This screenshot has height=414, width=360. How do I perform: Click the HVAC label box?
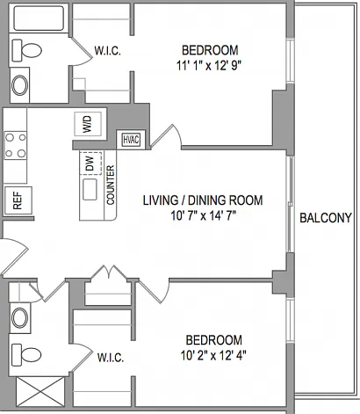(131, 140)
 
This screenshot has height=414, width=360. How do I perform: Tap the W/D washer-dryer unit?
(88, 124)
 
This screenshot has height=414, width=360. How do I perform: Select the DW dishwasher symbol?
(90, 163)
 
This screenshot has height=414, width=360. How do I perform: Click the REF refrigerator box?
(18, 200)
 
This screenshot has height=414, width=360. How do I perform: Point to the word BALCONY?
(326, 218)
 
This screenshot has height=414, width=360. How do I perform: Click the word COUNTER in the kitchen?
(111, 185)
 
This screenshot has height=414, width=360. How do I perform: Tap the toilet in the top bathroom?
(26, 50)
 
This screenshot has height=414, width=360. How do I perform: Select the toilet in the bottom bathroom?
(26, 355)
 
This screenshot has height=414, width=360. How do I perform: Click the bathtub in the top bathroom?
(39, 18)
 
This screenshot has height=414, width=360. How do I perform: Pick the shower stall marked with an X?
(40, 391)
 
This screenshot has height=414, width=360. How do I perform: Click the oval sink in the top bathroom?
(19, 85)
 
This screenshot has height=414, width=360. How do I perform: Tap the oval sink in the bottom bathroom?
(19, 318)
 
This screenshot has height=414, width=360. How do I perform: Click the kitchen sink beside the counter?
(90, 190)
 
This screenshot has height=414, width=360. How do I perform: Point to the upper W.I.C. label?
(107, 51)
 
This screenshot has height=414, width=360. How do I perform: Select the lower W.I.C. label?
(111, 358)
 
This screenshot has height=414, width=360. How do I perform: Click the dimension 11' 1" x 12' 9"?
(210, 66)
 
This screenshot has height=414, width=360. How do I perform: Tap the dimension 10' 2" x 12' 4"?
(213, 356)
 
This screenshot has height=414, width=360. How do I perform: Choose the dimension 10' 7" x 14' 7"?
(204, 216)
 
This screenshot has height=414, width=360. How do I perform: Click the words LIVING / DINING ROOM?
(203, 200)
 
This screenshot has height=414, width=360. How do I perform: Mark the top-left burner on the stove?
(10, 137)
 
